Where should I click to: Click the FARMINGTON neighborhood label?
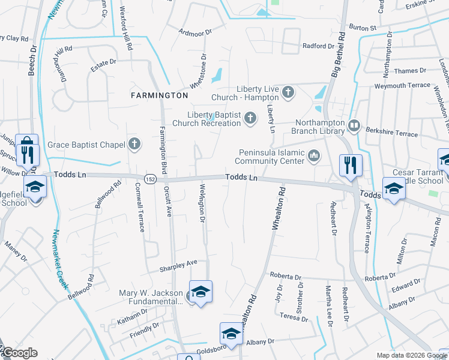coord(160,95)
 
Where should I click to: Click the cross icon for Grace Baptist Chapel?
coord(134,144)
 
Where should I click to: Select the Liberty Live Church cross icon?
coord(288,92)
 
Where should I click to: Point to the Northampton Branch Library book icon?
coord(354,125)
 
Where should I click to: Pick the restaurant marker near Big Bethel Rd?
coord(349,164)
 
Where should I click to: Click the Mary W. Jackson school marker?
coord(200,292)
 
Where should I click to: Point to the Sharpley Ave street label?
coord(178,263)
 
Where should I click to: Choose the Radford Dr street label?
coord(318,46)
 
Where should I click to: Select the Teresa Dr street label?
coord(293,317)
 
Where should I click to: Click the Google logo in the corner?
coord(19,353)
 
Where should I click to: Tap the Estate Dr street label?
coord(103,62)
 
